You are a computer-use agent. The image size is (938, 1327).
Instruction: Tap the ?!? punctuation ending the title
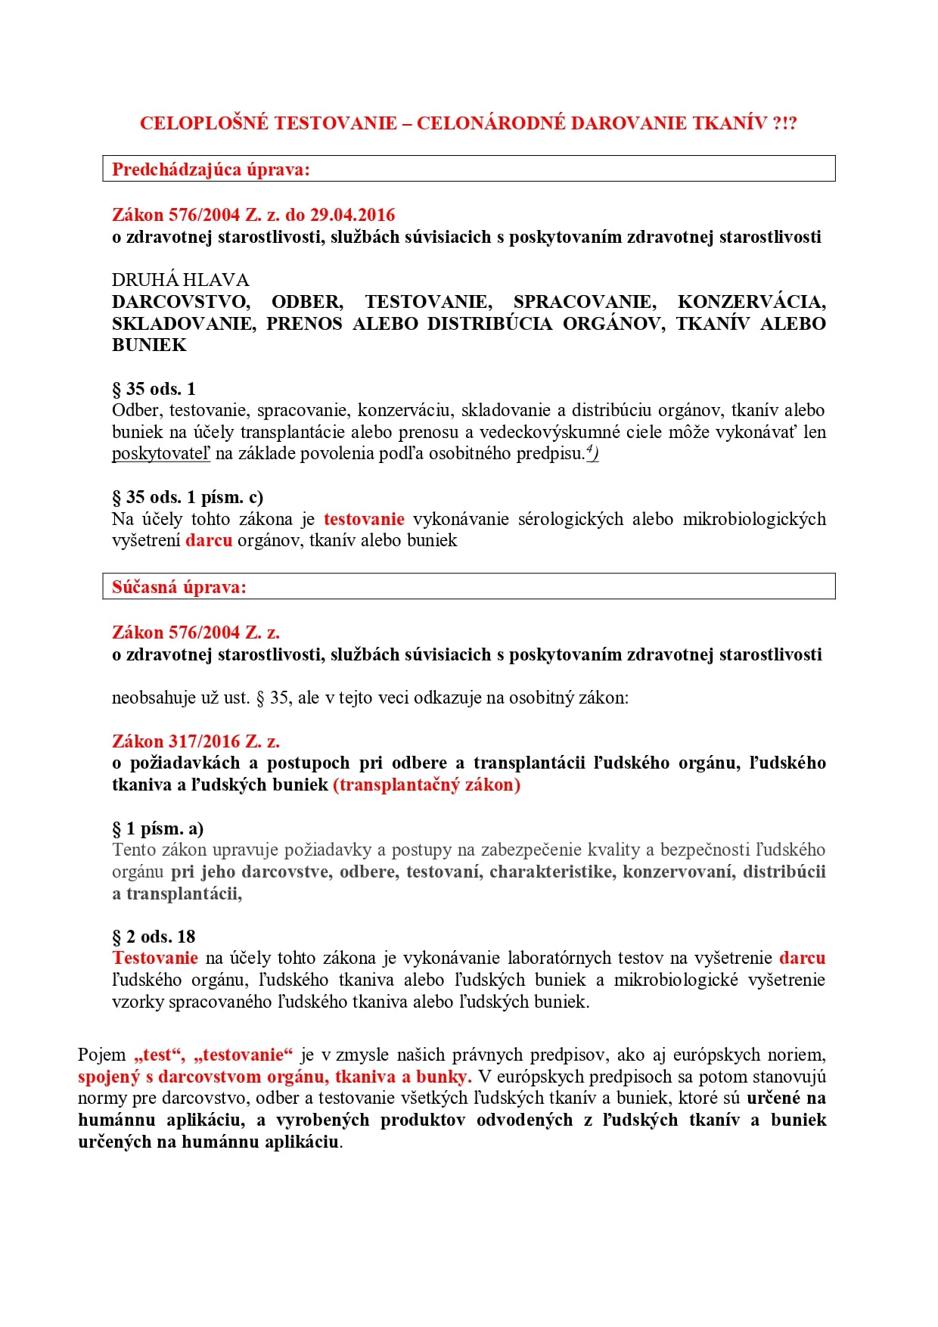point(784,123)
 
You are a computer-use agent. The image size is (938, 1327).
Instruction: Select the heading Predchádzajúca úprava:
point(211,169)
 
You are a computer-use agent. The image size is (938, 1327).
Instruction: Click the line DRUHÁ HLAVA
point(180,280)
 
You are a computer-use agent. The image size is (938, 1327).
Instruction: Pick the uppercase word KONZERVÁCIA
point(751,302)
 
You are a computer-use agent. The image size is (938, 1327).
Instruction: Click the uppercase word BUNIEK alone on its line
point(149,345)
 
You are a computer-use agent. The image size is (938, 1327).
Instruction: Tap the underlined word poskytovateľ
point(160,454)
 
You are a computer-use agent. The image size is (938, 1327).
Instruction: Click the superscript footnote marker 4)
point(592,452)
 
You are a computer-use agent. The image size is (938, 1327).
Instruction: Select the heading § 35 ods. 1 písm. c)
point(188,497)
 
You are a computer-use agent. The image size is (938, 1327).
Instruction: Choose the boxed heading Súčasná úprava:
point(179,587)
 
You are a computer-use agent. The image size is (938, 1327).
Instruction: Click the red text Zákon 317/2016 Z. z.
point(196,741)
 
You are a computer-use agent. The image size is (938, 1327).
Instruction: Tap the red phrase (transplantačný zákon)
point(427,785)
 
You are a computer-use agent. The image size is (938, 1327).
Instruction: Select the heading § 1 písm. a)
point(157,828)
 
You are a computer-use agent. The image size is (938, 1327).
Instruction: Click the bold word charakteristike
point(551,872)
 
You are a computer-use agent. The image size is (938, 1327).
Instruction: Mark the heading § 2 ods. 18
point(154,937)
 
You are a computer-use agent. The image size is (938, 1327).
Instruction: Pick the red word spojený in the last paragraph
point(109,1077)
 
